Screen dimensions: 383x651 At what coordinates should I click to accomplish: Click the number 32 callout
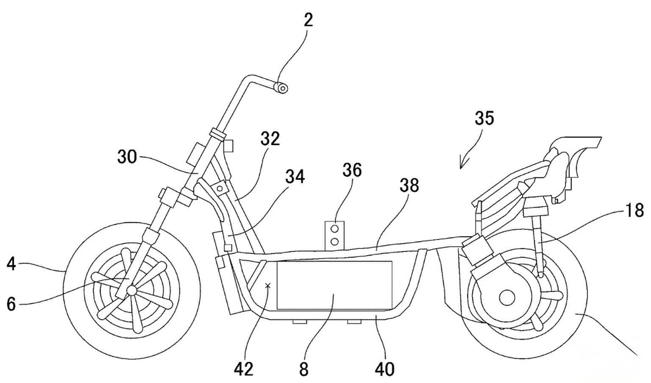point(269,139)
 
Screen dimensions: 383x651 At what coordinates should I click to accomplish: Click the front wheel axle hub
point(131,291)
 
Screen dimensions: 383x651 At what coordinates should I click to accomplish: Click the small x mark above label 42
point(267,285)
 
